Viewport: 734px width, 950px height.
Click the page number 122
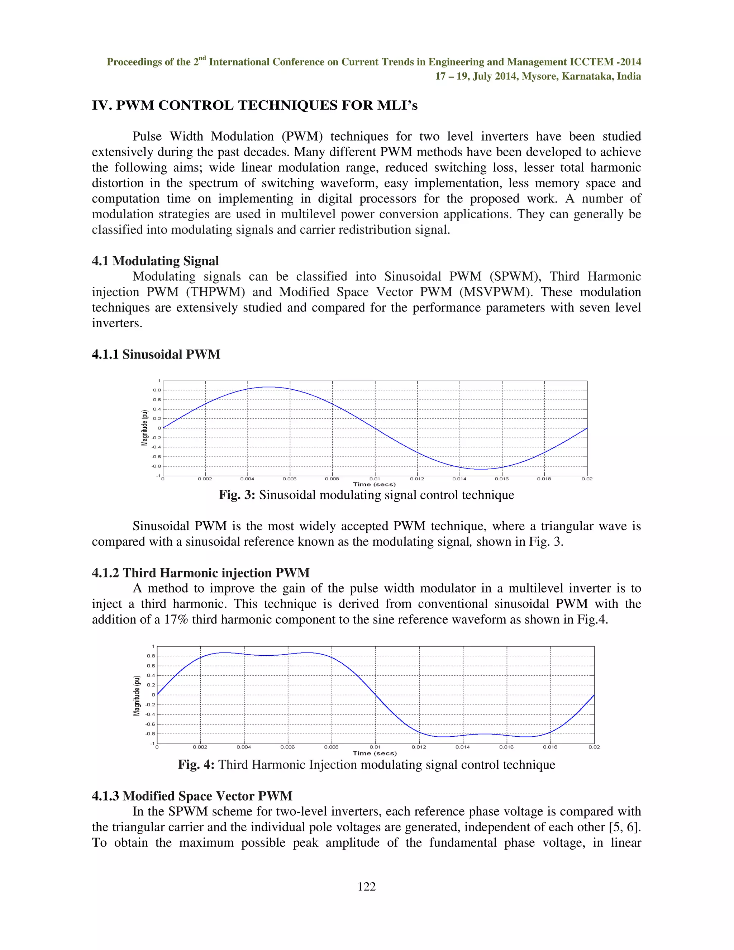[367, 887]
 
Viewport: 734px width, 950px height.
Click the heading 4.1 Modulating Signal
[155, 261]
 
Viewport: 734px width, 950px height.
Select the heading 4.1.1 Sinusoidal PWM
[156, 355]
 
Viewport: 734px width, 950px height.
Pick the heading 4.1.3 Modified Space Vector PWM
[192, 796]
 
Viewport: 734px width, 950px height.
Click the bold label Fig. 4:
[196, 765]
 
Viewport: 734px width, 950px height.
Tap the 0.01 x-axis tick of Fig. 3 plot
[375, 479]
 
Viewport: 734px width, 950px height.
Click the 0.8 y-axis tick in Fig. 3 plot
[157, 390]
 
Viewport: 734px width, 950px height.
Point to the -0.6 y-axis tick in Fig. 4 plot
[150, 724]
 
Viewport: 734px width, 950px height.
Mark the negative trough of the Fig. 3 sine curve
[481, 469]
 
